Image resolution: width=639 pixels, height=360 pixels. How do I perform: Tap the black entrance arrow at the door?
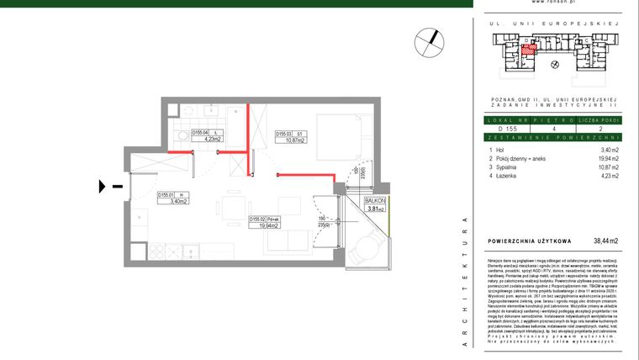pos(103,185)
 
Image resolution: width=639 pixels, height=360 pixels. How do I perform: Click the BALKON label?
pos(374,200)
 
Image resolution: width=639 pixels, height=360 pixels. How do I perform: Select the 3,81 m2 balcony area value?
pos(374,209)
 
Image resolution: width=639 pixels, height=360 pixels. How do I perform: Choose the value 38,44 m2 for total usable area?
pos(605,241)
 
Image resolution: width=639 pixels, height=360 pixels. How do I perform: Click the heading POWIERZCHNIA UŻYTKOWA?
pos(530,241)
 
